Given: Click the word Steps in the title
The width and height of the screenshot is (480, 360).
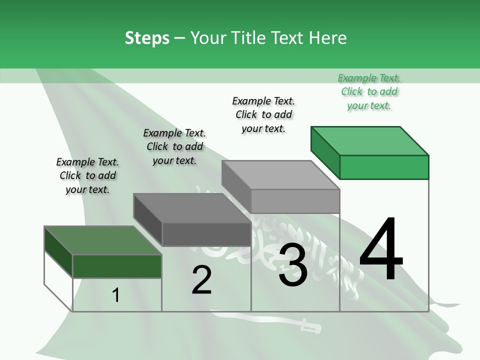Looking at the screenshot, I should pyautogui.click(x=147, y=38).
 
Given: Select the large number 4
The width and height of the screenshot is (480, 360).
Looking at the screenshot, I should pyautogui.click(x=381, y=250).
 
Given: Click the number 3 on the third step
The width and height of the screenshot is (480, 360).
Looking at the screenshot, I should pyautogui.click(x=293, y=265).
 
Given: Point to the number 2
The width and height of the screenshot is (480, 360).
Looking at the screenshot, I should pyautogui.click(x=201, y=280).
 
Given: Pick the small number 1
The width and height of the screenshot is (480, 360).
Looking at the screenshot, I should pyautogui.click(x=116, y=295).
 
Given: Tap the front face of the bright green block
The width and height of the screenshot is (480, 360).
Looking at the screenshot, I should pyautogui.click(x=384, y=167).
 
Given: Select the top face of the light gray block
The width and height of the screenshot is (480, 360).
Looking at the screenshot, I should pyautogui.click(x=280, y=175).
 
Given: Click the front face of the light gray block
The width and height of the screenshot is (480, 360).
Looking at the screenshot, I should pyautogui.click(x=295, y=201).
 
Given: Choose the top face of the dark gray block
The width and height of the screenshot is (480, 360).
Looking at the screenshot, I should pyautogui.click(x=192, y=208).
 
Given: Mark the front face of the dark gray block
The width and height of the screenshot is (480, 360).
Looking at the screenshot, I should pyautogui.click(x=206, y=234).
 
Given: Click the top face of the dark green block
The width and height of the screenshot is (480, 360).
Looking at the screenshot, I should pyautogui.click(x=103, y=240).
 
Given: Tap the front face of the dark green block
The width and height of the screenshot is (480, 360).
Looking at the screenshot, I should pyautogui.click(x=117, y=266).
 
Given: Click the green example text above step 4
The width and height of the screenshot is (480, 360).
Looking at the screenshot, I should pyautogui.click(x=369, y=91).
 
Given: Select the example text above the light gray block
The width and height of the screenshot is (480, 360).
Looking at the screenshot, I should pyautogui.click(x=263, y=114).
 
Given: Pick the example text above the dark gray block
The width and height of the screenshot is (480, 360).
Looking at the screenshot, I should pyautogui.click(x=174, y=146).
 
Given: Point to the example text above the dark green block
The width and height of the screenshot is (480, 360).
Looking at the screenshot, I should pyautogui.click(x=87, y=175).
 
